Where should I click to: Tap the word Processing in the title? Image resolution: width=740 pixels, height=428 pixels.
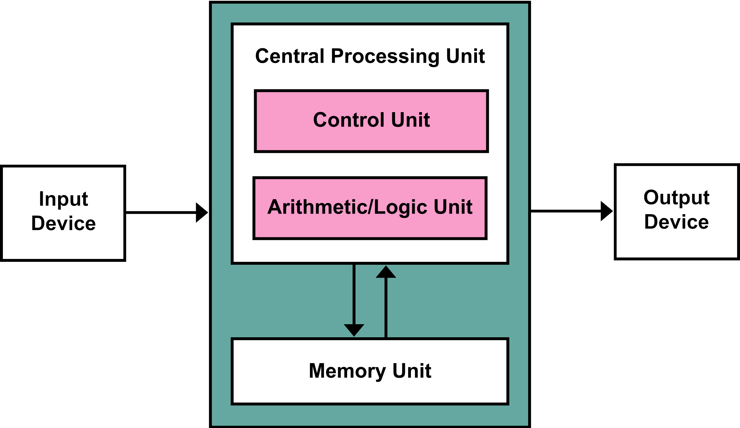click(x=385, y=56)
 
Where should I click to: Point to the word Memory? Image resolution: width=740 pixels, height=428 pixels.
click(x=347, y=371)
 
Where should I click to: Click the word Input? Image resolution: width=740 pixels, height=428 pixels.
click(x=63, y=199)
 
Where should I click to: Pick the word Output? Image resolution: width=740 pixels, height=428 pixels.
click(x=676, y=198)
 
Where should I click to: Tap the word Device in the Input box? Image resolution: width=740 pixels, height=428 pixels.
click(x=63, y=223)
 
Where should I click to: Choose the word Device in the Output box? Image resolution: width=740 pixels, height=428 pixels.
click(x=676, y=222)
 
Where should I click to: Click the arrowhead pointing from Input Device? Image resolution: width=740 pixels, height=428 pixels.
click(x=201, y=212)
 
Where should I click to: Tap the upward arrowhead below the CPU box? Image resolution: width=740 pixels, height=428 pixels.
click(x=386, y=273)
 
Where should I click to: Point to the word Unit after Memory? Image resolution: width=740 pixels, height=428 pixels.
click(x=412, y=371)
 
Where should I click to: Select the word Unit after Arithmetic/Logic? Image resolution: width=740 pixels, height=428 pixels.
click(x=453, y=207)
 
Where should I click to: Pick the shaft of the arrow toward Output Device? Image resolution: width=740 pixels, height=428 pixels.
click(x=565, y=211)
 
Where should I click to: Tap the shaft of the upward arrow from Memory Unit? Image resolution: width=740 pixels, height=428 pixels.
click(x=386, y=308)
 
